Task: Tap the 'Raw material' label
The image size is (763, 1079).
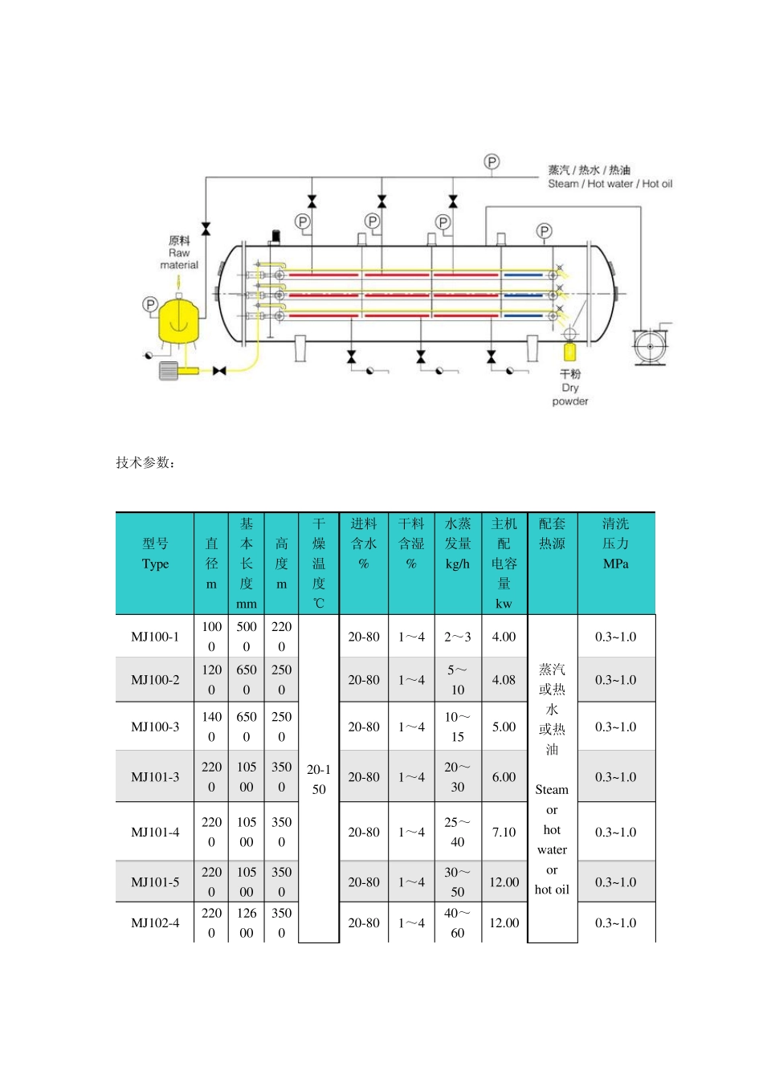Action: coord(179,252)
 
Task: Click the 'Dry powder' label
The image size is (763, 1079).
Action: coord(569,388)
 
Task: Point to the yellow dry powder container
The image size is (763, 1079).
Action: coord(570,352)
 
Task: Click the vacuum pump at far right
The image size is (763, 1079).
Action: coord(651,346)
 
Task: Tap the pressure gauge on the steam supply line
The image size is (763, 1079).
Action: coord(492,162)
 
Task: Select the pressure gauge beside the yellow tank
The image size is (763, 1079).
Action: coord(150,304)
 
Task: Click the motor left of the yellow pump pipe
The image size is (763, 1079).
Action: coord(169,371)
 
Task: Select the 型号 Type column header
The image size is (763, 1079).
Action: coord(155,554)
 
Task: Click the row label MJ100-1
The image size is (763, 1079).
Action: coord(155,637)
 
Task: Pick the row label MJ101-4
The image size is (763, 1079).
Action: coord(155,832)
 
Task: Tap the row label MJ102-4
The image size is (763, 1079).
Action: coord(155,922)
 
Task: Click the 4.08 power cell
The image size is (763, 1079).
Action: coord(504,679)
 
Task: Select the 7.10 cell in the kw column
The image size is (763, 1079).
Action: coord(504,832)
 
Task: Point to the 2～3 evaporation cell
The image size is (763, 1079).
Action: coord(457,637)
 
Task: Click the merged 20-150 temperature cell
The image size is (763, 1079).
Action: coord(319,779)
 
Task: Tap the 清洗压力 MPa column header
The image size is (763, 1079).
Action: coord(616,544)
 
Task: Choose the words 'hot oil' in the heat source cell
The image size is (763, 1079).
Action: coord(552,890)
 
